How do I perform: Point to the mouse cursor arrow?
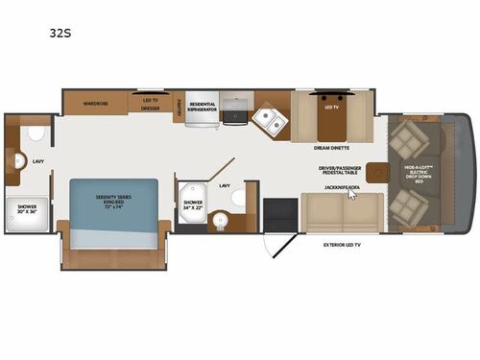(352, 192)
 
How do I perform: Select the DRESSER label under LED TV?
(150, 108)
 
